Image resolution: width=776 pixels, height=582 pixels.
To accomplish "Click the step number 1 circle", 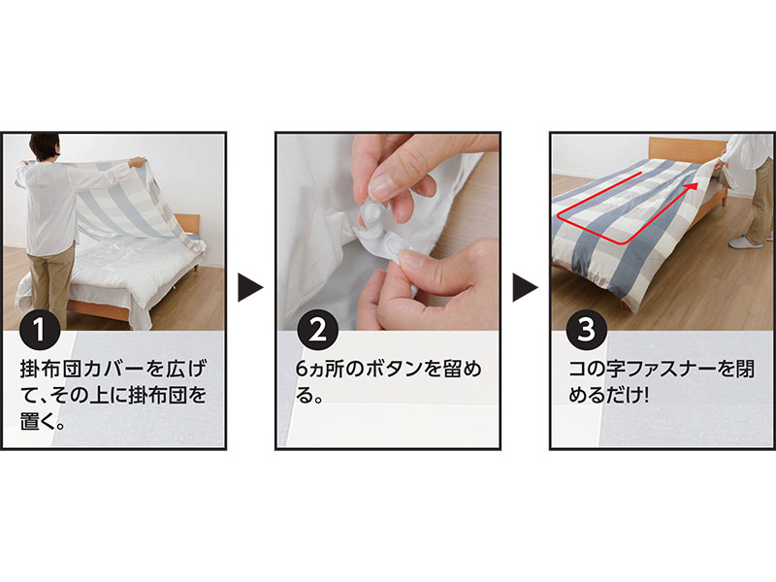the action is [x=40, y=331].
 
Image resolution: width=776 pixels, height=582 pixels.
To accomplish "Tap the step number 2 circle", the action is [x=318, y=331].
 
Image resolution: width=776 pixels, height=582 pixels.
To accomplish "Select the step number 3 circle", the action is [x=587, y=329].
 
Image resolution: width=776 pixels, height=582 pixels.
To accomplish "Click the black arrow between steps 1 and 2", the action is [x=250, y=286].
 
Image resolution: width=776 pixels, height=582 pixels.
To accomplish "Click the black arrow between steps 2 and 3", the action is [x=525, y=286].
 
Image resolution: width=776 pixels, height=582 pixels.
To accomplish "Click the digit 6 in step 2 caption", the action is [x=302, y=370].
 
